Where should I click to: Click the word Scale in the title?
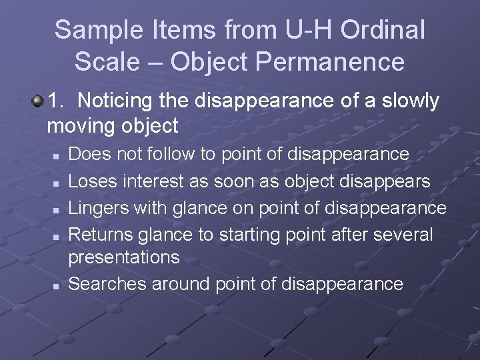pyautogui.click(x=107, y=62)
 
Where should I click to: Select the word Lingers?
pyautogui.click(x=100, y=207)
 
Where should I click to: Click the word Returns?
pyautogui.click(x=101, y=234)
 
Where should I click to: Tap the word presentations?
pyautogui.click(x=124, y=257)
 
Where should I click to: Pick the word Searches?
pyautogui.click(x=107, y=284)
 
